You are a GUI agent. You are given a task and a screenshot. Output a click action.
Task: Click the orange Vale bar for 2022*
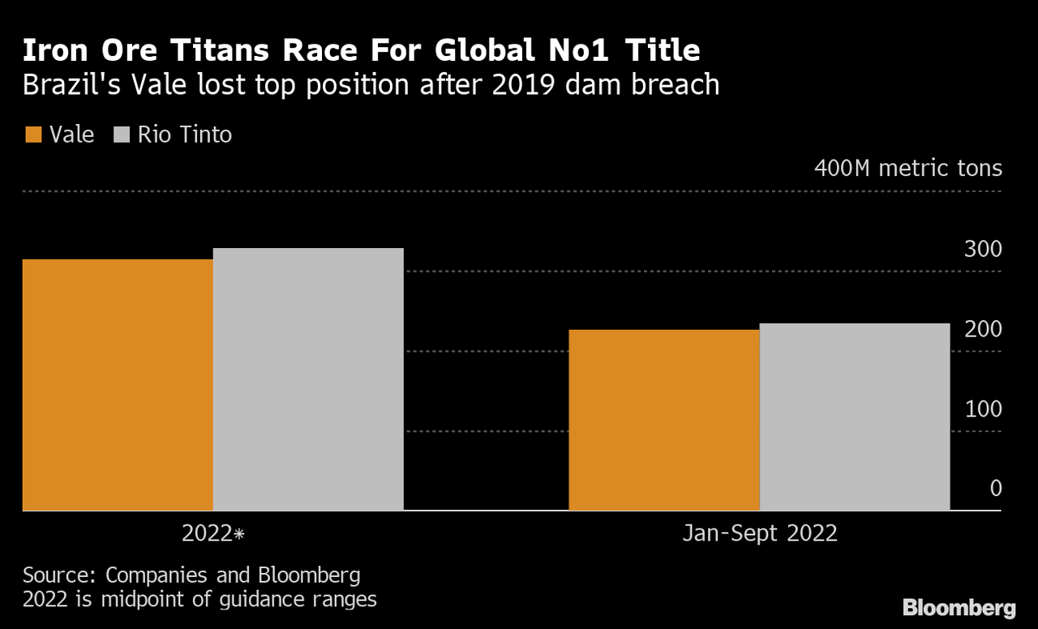point(118,385)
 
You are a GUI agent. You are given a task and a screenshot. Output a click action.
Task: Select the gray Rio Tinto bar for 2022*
point(308,379)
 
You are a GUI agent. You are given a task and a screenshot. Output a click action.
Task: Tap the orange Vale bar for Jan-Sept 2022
point(664,420)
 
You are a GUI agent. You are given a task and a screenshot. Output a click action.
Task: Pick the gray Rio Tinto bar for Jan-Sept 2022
point(855,417)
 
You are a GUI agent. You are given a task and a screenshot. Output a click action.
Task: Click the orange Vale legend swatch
point(33,135)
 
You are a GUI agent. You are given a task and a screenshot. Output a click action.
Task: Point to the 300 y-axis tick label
point(983,250)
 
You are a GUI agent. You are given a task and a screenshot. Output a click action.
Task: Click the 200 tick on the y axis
point(983,329)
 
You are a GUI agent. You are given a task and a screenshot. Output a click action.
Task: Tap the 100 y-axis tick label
point(983,409)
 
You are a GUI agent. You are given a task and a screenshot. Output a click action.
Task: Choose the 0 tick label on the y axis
point(995,489)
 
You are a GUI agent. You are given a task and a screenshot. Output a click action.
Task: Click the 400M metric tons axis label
point(908,169)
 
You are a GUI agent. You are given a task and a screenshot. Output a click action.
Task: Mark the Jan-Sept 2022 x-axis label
point(759,534)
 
